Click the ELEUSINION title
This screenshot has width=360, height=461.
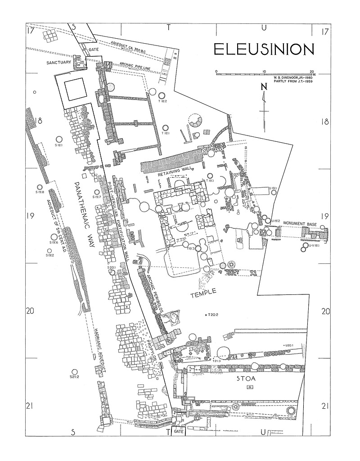[264, 50]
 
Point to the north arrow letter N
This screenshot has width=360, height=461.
[264, 87]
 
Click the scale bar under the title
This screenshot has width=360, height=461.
[265, 72]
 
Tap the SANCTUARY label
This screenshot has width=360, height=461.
[59, 63]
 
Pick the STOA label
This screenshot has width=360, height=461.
[246, 379]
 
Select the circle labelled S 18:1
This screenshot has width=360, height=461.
[58, 139]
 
